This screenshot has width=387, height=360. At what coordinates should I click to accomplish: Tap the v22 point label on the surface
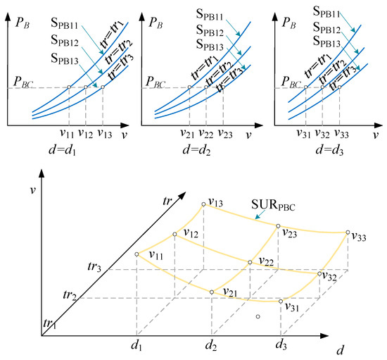tap(266, 261)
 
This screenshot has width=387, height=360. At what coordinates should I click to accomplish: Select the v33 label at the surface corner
tap(359, 237)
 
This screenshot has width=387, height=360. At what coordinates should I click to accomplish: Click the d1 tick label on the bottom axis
tap(137, 345)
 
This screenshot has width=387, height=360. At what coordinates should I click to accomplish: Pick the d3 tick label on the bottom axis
tap(282, 345)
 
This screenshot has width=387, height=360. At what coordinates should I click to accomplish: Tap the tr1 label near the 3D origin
tap(48, 325)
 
